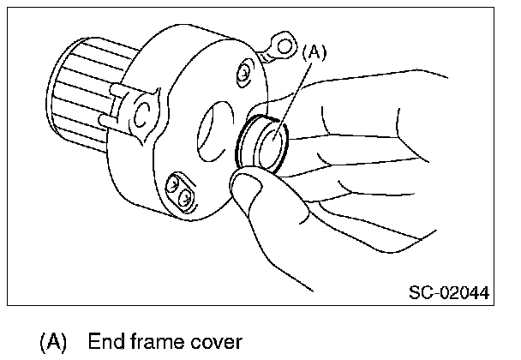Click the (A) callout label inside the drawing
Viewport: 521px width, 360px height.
coord(314,52)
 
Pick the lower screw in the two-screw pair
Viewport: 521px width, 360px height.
coord(183,198)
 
